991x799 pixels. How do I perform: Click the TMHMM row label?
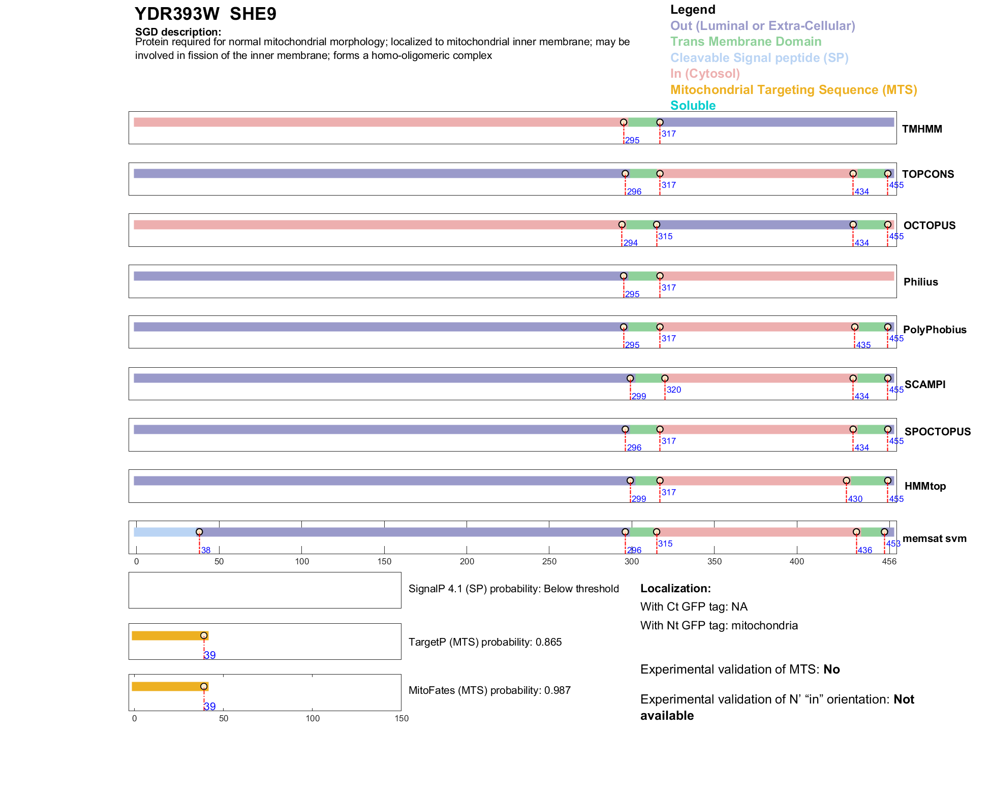point(921,129)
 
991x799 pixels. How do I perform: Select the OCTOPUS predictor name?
point(929,226)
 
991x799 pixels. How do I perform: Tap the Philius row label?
point(920,282)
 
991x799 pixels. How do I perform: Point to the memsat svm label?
point(934,538)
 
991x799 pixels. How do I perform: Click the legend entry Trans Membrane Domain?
point(746,42)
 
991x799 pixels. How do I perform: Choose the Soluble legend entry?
point(693,106)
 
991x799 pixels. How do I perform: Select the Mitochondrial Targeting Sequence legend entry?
point(793,90)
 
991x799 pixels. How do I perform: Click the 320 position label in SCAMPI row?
point(674,390)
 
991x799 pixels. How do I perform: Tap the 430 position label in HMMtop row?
point(855,499)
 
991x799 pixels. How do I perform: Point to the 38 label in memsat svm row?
point(206,550)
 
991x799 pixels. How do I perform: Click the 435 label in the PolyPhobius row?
point(863,345)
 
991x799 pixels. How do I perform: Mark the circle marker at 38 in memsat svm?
point(199,532)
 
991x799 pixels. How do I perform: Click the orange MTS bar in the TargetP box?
point(168,635)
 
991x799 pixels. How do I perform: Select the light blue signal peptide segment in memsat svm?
point(166,532)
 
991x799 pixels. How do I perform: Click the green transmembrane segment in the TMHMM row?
point(641,122)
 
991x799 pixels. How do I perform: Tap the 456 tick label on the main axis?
point(889,561)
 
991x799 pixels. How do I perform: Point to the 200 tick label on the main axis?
point(467,561)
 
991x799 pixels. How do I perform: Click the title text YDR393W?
point(177,14)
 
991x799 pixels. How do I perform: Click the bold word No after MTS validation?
point(831,669)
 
